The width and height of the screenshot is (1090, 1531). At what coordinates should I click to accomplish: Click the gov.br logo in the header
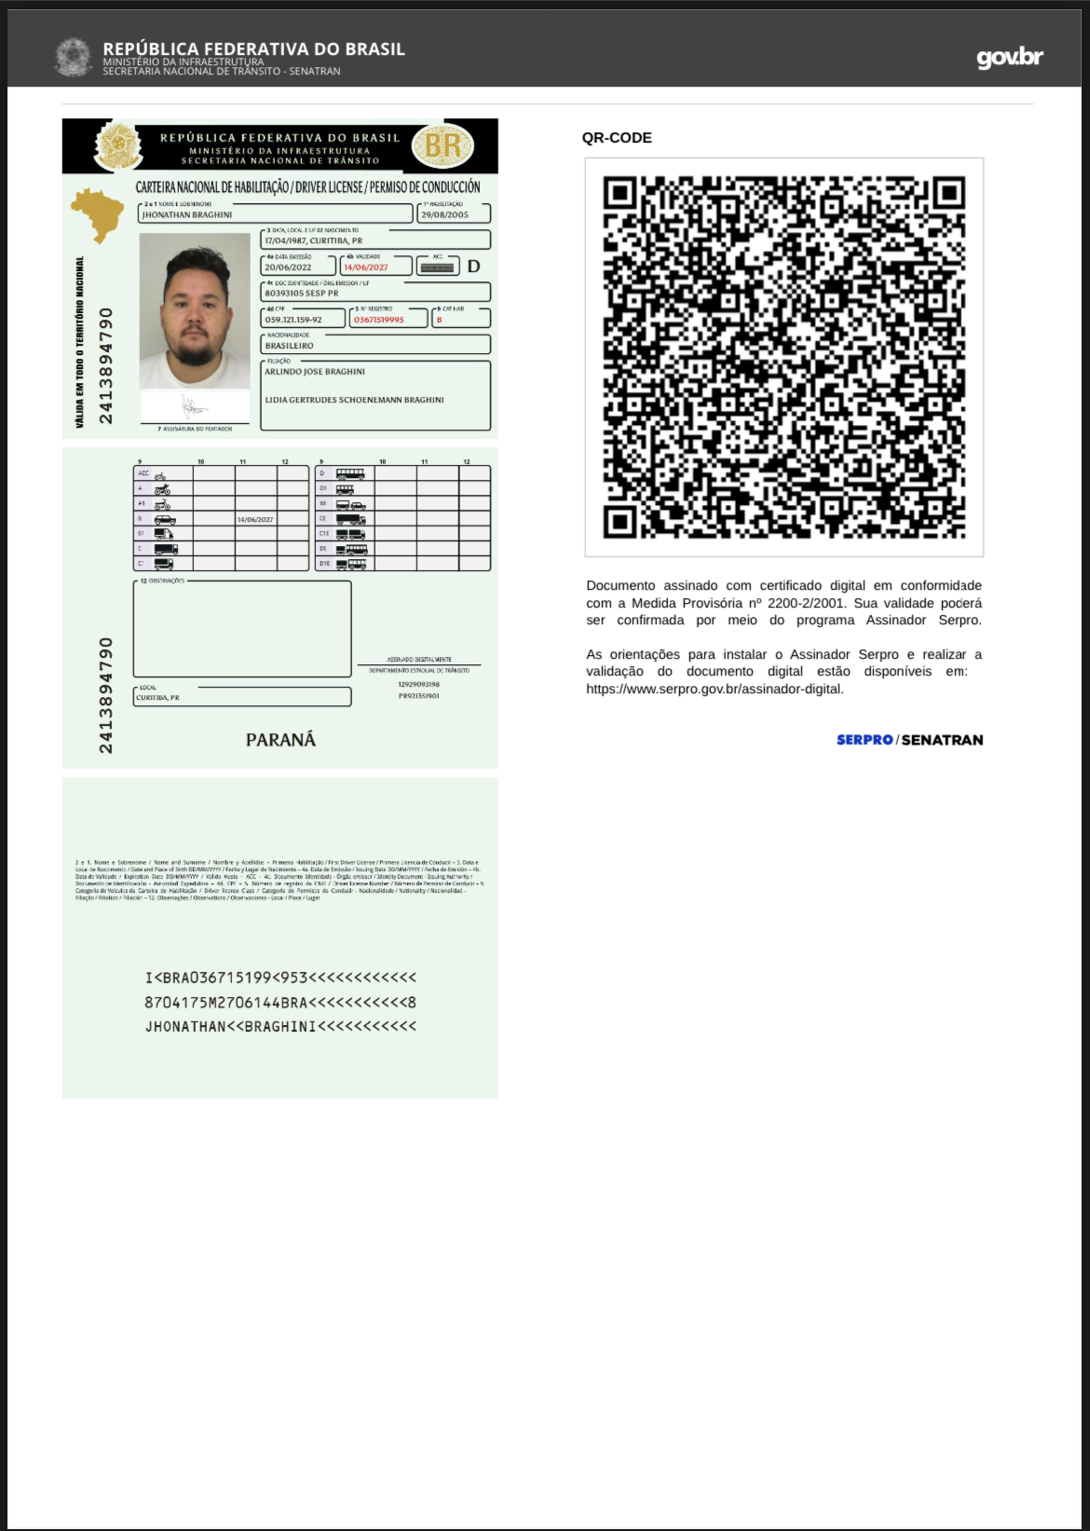(x=1009, y=58)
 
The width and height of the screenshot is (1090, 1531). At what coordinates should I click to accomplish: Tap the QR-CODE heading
(x=617, y=138)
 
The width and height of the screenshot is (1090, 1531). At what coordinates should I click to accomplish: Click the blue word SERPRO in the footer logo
(x=865, y=740)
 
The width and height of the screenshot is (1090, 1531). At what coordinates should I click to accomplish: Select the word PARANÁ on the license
(x=280, y=740)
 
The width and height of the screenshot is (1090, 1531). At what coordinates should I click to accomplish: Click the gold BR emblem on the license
(x=443, y=145)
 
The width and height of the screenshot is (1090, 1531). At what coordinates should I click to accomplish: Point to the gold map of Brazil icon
(x=98, y=212)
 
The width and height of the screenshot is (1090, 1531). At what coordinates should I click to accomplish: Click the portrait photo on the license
(x=195, y=311)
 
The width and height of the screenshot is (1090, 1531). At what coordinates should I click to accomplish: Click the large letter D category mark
(x=473, y=267)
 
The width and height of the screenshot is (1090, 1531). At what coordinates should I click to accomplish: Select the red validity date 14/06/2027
(x=366, y=267)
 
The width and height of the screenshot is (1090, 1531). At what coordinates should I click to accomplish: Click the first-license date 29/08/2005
(x=444, y=215)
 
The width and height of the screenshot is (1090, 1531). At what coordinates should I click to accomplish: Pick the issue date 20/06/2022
(x=288, y=267)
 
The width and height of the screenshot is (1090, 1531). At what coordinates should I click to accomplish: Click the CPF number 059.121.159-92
(x=293, y=320)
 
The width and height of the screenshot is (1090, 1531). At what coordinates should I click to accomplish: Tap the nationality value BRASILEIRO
(x=289, y=346)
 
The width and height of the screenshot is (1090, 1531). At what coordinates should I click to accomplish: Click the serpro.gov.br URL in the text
(x=715, y=690)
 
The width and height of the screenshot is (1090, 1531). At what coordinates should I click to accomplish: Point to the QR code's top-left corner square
(x=620, y=193)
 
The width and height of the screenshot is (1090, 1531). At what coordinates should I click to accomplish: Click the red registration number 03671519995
(x=379, y=320)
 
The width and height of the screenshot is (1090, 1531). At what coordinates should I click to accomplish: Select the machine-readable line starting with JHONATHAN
(x=280, y=1027)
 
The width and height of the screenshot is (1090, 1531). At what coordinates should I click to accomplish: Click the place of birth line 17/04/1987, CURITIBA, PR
(x=313, y=240)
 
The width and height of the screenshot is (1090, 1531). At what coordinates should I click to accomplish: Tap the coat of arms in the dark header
(x=73, y=58)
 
